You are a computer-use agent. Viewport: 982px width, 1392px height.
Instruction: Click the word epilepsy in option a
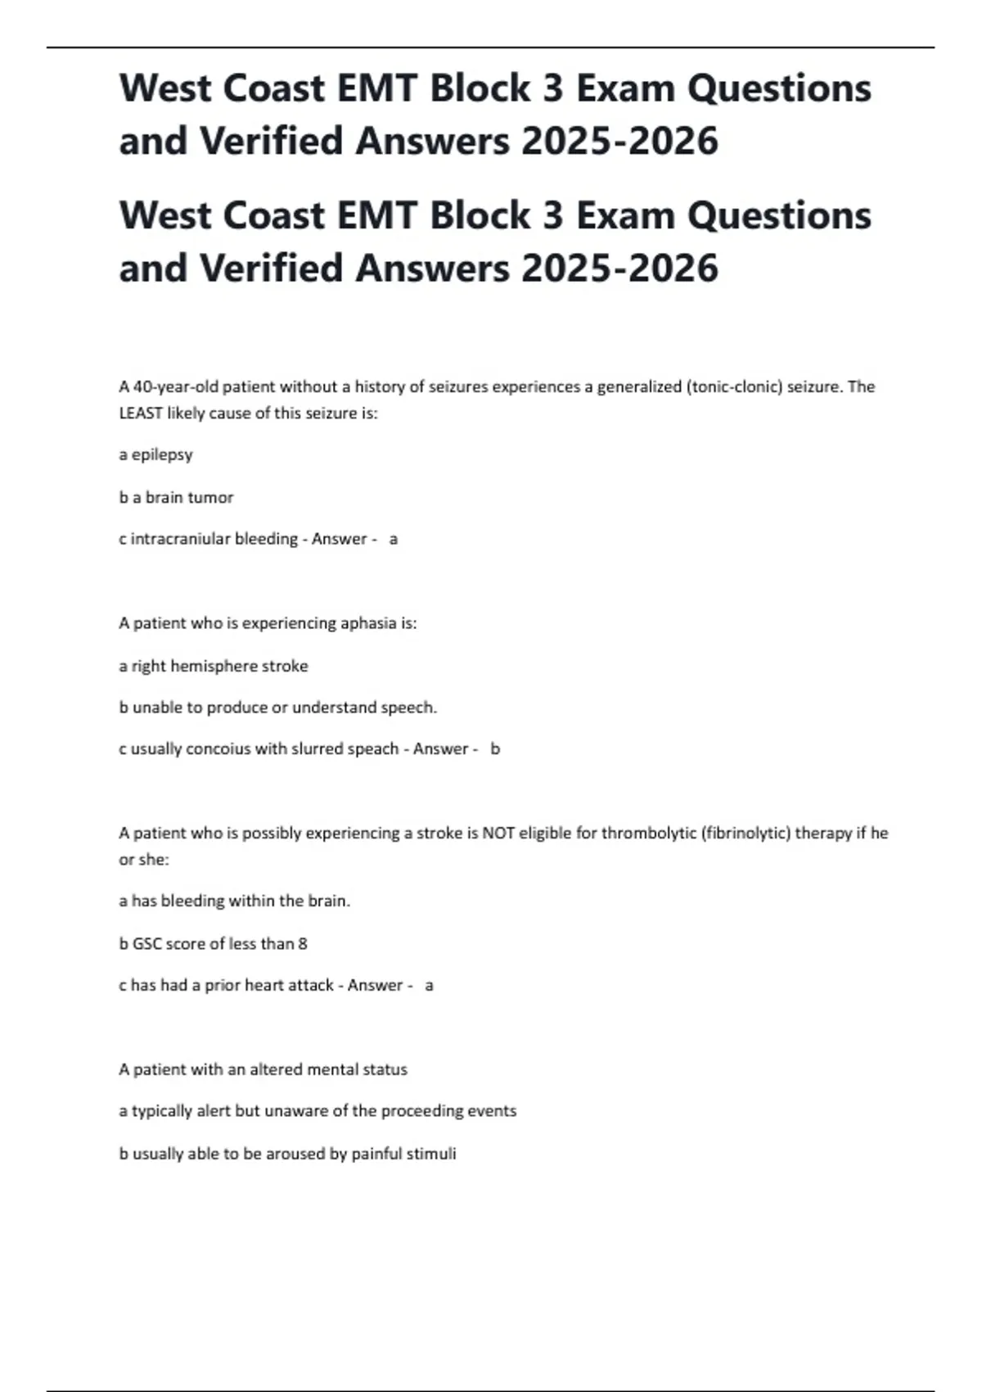(x=162, y=454)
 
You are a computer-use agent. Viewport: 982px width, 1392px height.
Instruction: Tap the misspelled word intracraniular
(x=181, y=539)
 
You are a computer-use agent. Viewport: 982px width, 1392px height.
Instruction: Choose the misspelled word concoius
(x=218, y=748)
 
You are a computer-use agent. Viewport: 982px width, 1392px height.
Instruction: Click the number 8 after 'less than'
(x=303, y=943)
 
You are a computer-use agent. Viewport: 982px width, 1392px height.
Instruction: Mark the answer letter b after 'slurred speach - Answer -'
(x=495, y=748)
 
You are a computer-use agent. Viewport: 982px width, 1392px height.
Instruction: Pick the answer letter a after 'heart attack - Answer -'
(x=429, y=985)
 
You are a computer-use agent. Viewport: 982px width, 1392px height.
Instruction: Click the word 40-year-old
(x=176, y=386)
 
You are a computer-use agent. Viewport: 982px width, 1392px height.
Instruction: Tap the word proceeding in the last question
(x=421, y=1111)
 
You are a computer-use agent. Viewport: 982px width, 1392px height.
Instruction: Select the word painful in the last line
(x=376, y=1154)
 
